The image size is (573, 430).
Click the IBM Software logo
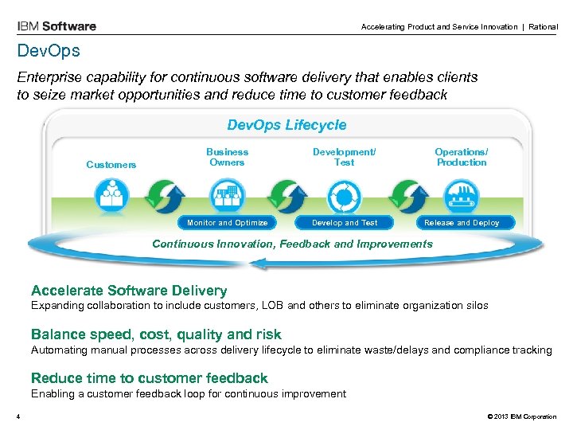click(x=57, y=25)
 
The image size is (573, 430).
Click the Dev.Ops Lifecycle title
click(x=286, y=125)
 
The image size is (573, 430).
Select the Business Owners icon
click(x=228, y=194)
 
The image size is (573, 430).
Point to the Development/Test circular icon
click(x=345, y=194)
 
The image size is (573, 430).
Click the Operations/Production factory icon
click(x=462, y=194)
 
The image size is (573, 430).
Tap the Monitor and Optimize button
click(x=228, y=223)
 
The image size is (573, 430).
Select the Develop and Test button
click(x=345, y=223)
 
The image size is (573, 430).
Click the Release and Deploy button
click(x=462, y=223)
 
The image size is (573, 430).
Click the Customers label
click(x=111, y=165)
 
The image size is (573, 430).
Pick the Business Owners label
click(x=228, y=157)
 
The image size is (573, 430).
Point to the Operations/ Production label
click(x=462, y=157)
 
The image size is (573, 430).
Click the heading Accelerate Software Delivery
click(x=128, y=291)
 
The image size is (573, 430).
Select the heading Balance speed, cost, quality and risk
click(x=155, y=334)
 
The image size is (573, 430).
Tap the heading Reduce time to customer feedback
click(x=149, y=378)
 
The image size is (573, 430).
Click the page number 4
click(x=17, y=416)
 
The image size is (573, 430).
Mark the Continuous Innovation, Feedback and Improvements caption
click(x=292, y=244)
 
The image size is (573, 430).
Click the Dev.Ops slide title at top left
click(x=49, y=51)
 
